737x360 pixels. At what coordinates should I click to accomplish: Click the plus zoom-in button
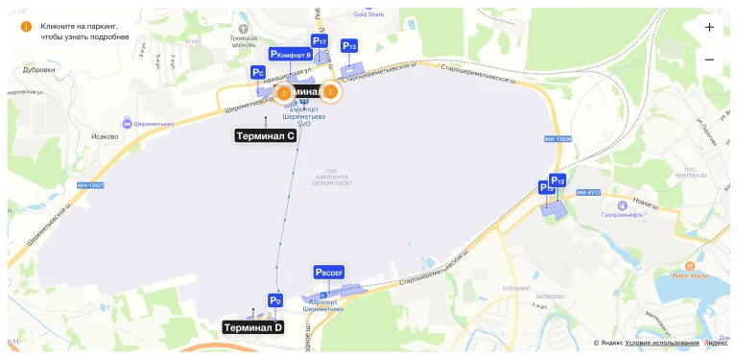pyautogui.click(x=709, y=28)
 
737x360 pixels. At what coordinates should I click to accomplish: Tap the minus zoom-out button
pyautogui.click(x=709, y=60)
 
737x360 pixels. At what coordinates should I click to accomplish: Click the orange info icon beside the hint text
pyautogui.click(x=26, y=26)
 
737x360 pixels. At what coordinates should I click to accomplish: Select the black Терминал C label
pyautogui.click(x=265, y=135)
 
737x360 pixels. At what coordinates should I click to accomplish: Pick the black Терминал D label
pyautogui.click(x=252, y=327)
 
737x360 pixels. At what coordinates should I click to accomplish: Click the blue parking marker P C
pyautogui.click(x=257, y=72)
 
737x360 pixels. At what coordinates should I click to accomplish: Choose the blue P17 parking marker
pyautogui.click(x=320, y=42)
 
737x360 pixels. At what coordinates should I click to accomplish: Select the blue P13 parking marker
pyautogui.click(x=349, y=46)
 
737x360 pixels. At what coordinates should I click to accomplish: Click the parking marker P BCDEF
pyautogui.click(x=329, y=273)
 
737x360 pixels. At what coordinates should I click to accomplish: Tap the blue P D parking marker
pyautogui.click(x=274, y=300)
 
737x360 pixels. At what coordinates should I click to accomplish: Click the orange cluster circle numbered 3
pyautogui.click(x=283, y=92)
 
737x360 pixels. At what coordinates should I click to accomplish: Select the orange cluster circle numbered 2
pyautogui.click(x=330, y=92)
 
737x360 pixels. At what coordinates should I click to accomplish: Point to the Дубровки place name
pyautogui.click(x=38, y=70)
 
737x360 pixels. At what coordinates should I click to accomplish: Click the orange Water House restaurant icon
pyautogui.click(x=688, y=265)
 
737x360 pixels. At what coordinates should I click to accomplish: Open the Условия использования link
pyautogui.click(x=661, y=343)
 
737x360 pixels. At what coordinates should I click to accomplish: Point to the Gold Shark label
pyautogui.click(x=368, y=14)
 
